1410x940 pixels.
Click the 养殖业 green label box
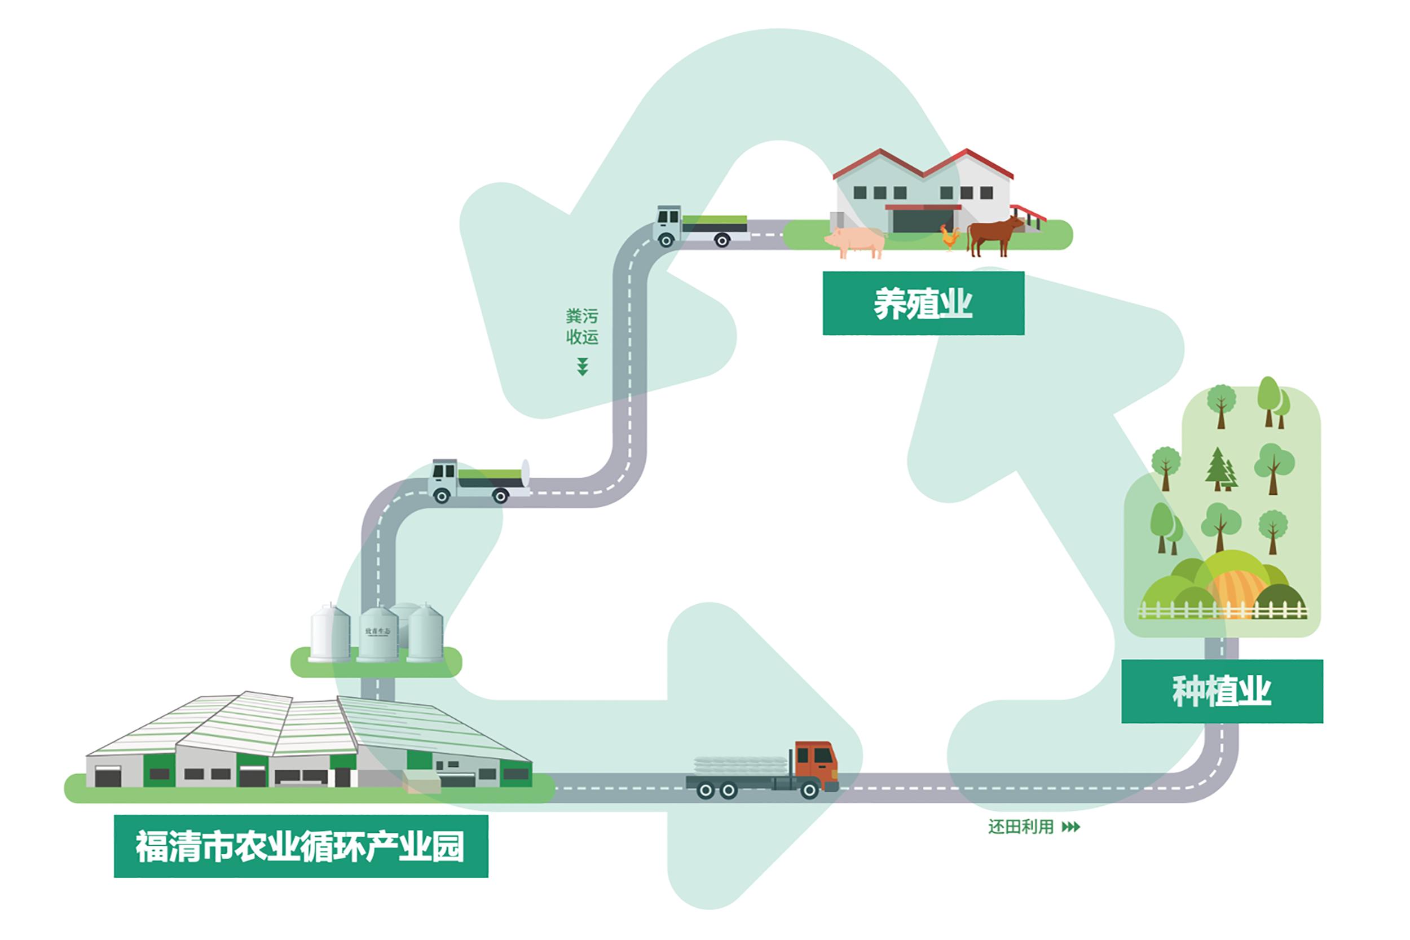tap(923, 303)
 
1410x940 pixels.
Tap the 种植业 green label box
tap(1221, 691)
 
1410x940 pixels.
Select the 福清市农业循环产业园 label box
tap(301, 846)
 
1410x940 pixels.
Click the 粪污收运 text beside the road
tap(581, 327)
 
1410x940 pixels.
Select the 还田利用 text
tap(1020, 827)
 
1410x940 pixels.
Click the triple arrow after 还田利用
tap(1070, 827)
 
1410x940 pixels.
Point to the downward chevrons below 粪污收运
tap(582, 366)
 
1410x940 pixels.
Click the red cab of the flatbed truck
tap(816, 766)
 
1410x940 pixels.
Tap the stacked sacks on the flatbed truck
tap(741, 765)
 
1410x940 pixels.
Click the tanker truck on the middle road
tap(479, 481)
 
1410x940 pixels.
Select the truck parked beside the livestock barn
tap(701, 227)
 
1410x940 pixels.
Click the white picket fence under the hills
tap(1222, 612)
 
